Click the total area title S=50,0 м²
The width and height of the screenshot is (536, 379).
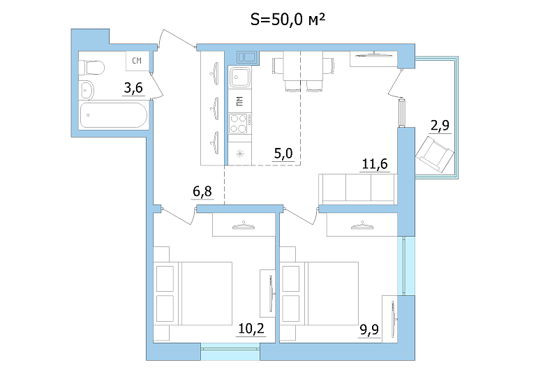pos(288,20)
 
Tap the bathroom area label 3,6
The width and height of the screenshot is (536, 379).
pos(133,88)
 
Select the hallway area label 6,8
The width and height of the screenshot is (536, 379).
pos(202,191)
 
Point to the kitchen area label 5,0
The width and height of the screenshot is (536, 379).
pos(283,154)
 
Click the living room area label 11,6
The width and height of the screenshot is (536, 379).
pos(375,165)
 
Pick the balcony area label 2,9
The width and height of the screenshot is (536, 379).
pos(440,126)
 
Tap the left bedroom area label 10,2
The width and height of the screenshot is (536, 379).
pos(251,329)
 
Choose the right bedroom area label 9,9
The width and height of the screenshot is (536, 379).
pos(369,330)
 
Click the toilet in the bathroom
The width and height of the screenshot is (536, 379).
pos(91,68)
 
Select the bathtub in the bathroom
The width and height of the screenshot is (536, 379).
pos(114,115)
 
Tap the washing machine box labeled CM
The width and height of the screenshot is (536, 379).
pos(137,61)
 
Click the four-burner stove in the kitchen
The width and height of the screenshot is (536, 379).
pos(239,124)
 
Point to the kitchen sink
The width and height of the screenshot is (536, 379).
pos(239,77)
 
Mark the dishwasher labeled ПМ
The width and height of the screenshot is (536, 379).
pos(239,101)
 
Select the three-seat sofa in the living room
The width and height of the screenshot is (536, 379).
pos(358,189)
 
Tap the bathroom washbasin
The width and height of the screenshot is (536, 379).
pos(87,91)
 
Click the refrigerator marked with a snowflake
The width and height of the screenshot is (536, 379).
pos(239,154)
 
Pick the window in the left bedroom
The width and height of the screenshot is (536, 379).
pos(230,352)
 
